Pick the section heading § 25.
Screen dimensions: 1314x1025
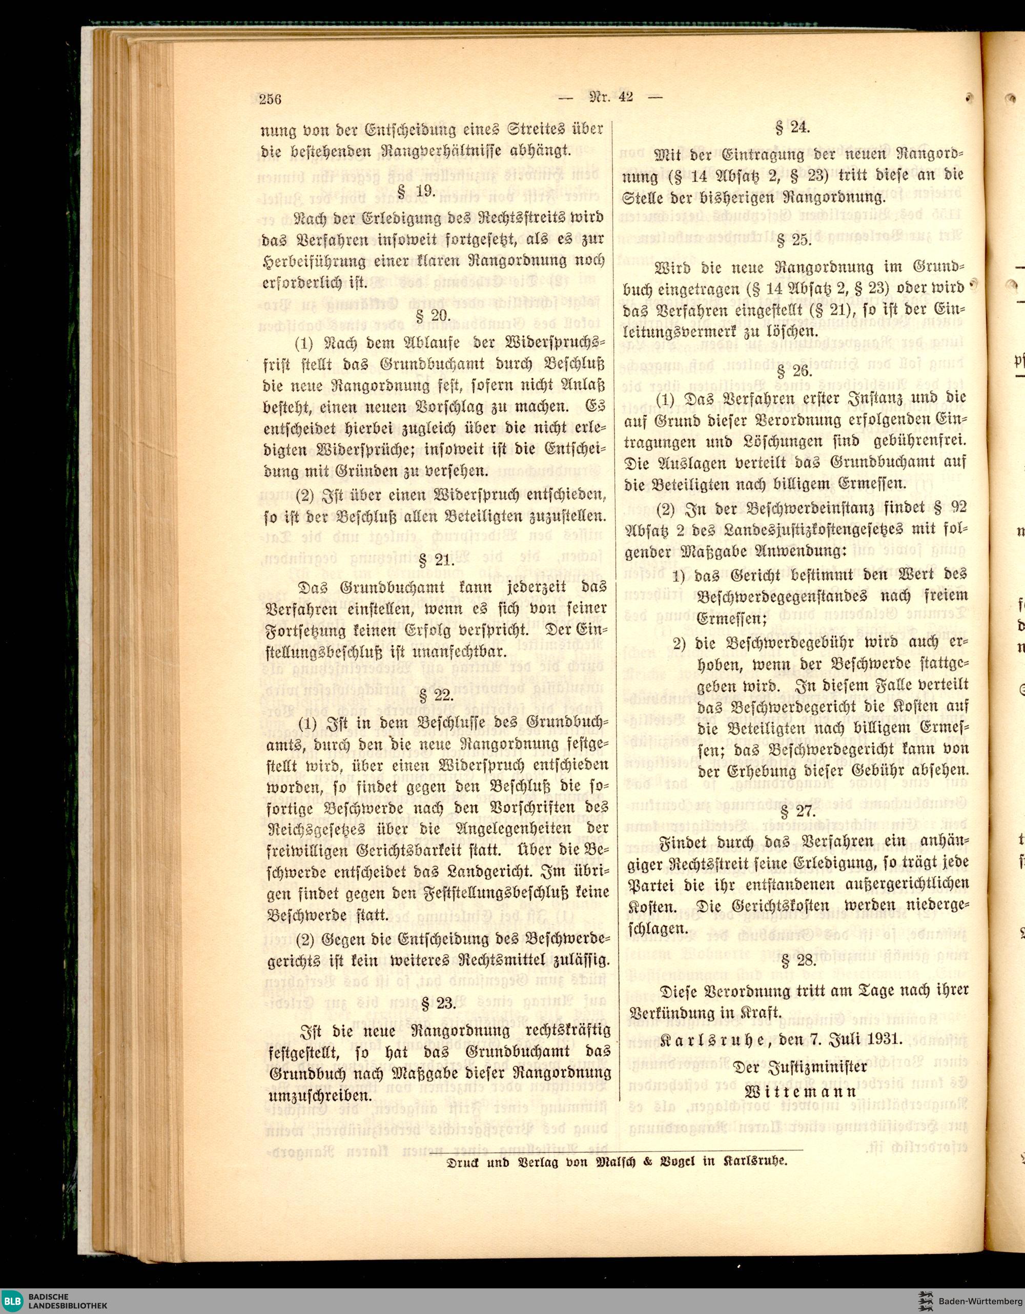coord(794,241)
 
